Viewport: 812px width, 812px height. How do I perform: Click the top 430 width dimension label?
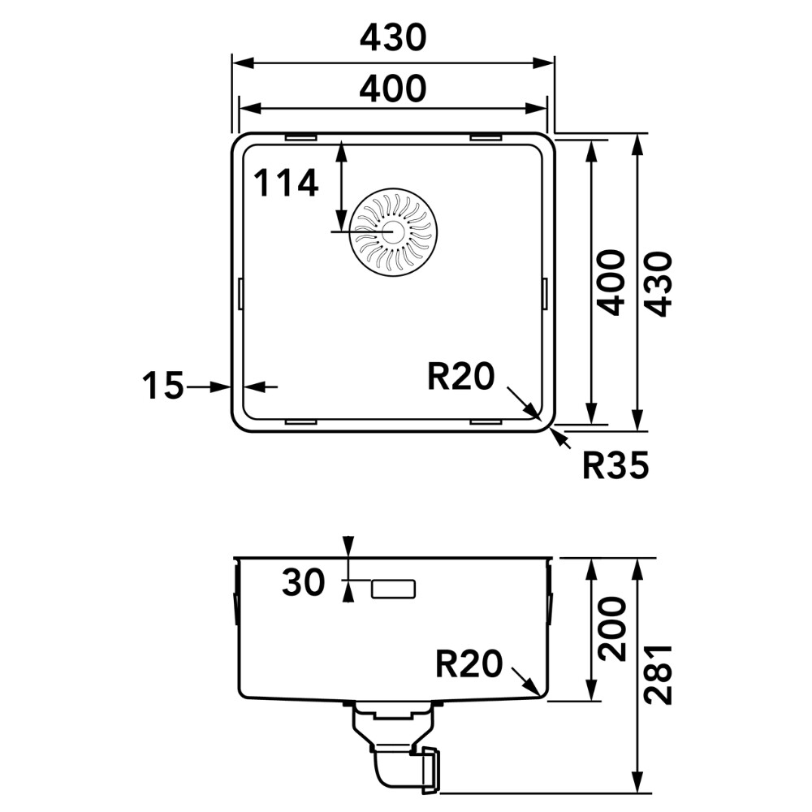(x=393, y=37)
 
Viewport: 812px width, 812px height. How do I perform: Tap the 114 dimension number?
(x=286, y=183)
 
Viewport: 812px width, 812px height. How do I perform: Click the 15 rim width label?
(x=163, y=385)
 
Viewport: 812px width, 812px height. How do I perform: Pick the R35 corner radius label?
(x=615, y=465)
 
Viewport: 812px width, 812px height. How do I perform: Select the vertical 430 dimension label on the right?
(x=659, y=283)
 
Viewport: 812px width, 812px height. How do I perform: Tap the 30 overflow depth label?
(x=304, y=581)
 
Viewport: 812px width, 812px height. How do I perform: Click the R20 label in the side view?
(x=469, y=663)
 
